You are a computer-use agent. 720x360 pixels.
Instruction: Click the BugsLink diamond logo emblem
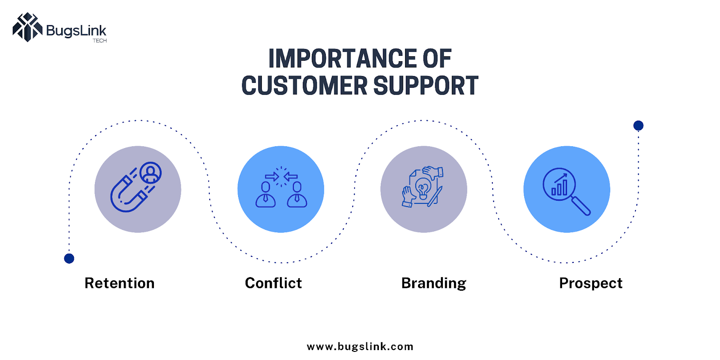pos(27,27)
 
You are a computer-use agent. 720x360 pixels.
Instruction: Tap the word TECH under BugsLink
pos(99,41)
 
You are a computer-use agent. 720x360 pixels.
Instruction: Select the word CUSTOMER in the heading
pos(304,85)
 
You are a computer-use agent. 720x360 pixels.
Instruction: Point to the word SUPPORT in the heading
pos(426,85)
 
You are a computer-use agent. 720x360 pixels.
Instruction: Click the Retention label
pos(120,283)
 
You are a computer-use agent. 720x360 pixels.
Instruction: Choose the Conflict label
pos(273,283)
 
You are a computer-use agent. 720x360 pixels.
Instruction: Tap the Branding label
pos(434,283)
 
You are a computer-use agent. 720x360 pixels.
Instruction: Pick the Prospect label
pos(591,283)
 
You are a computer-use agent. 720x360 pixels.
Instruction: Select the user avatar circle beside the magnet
pos(150,173)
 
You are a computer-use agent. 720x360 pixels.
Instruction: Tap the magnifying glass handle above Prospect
pos(581,206)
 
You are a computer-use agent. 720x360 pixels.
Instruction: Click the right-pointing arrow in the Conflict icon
pos(272,176)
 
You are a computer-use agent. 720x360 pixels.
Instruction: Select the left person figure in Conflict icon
pos(265,194)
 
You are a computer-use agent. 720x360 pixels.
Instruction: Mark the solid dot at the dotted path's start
pos(69,258)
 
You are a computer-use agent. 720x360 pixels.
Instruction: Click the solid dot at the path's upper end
pos(639,126)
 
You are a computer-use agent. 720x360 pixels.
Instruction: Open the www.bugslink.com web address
pos(360,347)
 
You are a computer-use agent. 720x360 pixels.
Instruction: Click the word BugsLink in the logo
pos(76,31)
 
